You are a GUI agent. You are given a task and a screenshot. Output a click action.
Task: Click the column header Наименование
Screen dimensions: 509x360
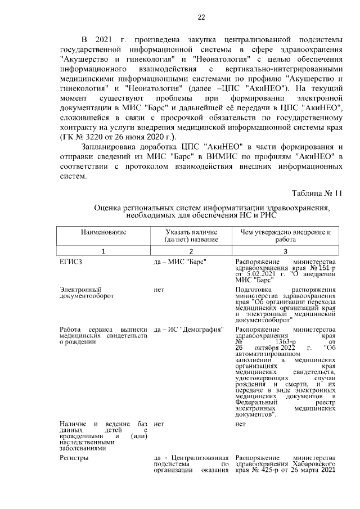coord(103,232)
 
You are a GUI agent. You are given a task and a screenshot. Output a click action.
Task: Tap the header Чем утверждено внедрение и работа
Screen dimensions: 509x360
coord(285,235)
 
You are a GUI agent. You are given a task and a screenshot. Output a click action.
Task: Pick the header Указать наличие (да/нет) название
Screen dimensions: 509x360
coord(191,235)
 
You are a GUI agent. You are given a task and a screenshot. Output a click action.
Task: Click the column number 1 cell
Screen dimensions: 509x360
coord(103,251)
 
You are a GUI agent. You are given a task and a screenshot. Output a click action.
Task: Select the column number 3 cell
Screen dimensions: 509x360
coord(285,251)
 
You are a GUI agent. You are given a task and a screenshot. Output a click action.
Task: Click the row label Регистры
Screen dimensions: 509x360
coord(74,457)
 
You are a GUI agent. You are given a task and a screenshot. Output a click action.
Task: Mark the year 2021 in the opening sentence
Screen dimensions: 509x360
coord(106,40)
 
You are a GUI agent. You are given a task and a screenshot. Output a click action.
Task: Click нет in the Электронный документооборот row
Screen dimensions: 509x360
coord(158,289)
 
